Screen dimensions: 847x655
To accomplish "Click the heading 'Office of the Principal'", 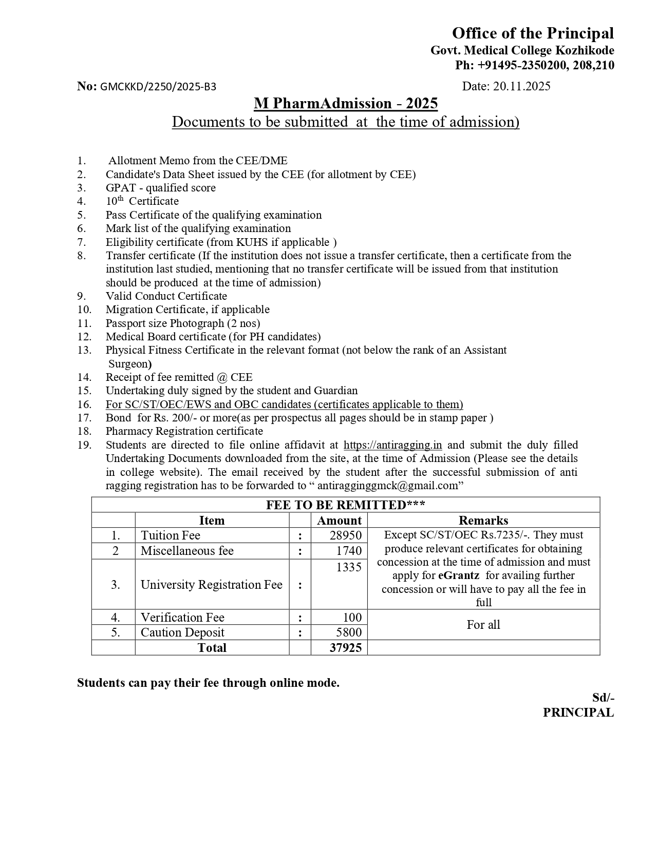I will point(532,33).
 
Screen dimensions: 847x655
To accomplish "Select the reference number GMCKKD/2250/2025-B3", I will point(158,87).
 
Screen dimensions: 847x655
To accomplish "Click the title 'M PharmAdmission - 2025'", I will point(345,104).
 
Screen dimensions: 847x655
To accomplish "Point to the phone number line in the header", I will point(534,65).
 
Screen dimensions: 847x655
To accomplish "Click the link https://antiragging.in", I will point(392,445).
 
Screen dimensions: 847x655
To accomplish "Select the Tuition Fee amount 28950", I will point(345,535).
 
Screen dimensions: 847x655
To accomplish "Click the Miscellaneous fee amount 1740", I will point(349,551).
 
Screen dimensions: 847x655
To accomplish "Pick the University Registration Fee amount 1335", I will point(349,567).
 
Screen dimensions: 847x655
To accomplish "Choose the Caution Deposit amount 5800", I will point(349,632).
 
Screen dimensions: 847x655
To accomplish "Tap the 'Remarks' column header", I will point(483,521).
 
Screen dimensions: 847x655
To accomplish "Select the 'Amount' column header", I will point(339,521).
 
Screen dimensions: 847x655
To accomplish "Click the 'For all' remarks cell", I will point(483,625).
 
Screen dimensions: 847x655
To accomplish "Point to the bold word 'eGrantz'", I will point(459,575).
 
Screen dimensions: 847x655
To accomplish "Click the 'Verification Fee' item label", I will point(182,618).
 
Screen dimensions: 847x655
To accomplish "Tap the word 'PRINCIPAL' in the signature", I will point(578,713).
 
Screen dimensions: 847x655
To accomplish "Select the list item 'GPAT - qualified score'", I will point(160,188).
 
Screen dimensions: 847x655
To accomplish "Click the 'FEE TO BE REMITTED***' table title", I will point(345,505).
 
